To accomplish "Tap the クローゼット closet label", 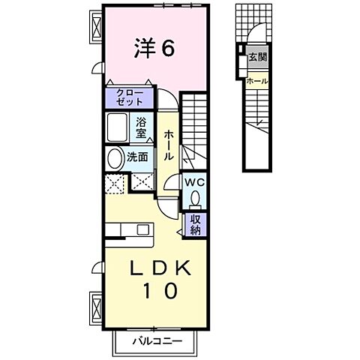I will [129, 97].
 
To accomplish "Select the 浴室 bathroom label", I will [142, 129].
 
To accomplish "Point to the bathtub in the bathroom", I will [118, 128].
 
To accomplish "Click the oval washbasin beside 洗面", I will [115, 158].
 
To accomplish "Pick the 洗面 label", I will [136, 158].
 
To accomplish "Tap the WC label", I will [193, 182].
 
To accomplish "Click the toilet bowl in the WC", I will [194, 199].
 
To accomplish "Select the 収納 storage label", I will [194, 223].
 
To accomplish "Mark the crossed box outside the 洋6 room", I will [96, 27].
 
